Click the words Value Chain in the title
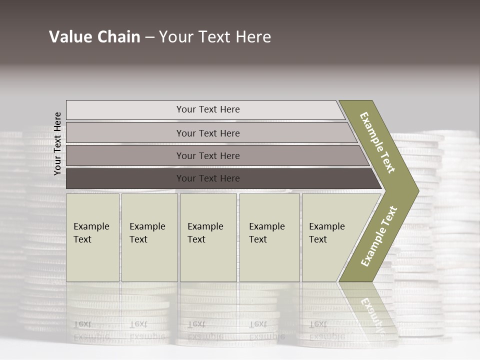94,37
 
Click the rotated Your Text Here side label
57,143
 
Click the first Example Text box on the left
92,237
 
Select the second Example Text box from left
149,237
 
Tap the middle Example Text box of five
208,237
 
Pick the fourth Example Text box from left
269,237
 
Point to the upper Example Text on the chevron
377,142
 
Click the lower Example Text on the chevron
379,236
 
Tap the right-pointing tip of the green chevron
417,190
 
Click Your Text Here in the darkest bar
208,178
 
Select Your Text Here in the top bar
208,109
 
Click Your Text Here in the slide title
215,37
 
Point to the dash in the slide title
149,37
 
